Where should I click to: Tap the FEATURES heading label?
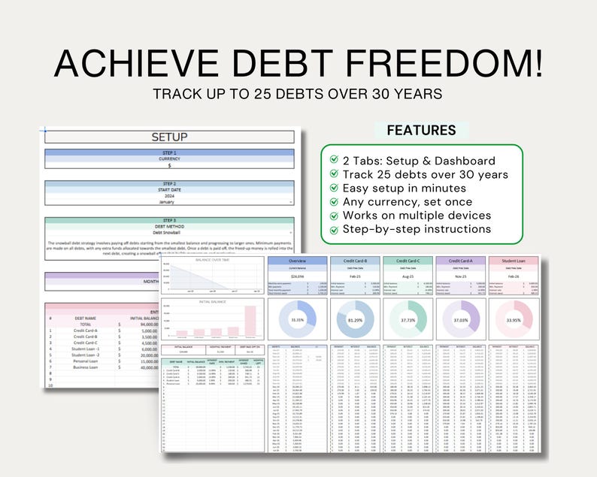point(421,130)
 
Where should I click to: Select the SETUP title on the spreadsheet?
point(170,137)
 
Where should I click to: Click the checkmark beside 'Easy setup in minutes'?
point(334,188)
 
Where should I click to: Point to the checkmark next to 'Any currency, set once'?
point(334,201)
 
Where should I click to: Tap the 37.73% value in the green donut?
point(410,319)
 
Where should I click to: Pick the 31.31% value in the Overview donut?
point(298,319)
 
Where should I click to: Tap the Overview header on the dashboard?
point(298,261)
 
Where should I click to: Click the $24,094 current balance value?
point(297,276)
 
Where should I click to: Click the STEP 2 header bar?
point(170,183)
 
